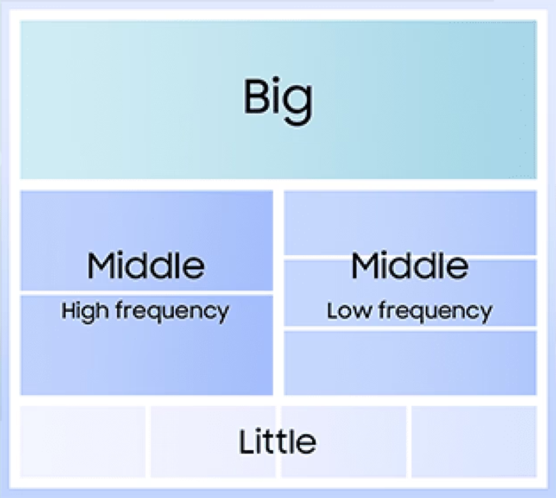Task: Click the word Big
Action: pos(278,100)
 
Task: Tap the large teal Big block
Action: pos(279,100)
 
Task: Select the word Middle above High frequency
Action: pos(146,265)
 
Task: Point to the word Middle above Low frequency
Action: pos(410,265)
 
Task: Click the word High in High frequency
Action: pos(85,312)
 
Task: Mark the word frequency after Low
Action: pos(435,312)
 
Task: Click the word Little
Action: pos(277,441)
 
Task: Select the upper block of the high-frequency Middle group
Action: pos(147,241)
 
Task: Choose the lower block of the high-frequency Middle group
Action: pos(147,345)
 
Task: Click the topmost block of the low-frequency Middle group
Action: pos(410,223)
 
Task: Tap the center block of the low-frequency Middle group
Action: pos(410,293)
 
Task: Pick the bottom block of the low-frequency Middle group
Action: pos(410,363)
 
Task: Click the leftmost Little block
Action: pos(83,442)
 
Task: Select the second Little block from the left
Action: pos(213,442)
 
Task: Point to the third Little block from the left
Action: pos(344,442)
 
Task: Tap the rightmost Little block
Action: pos(474,442)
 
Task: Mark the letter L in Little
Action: pos(247,442)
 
